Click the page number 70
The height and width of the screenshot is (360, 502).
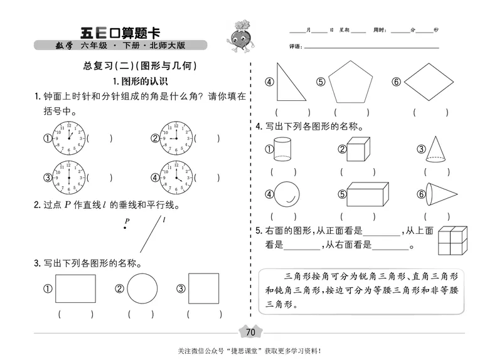coord(250,332)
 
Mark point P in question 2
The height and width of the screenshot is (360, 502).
coord(125,228)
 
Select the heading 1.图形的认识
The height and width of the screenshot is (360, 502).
coord(139,81)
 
